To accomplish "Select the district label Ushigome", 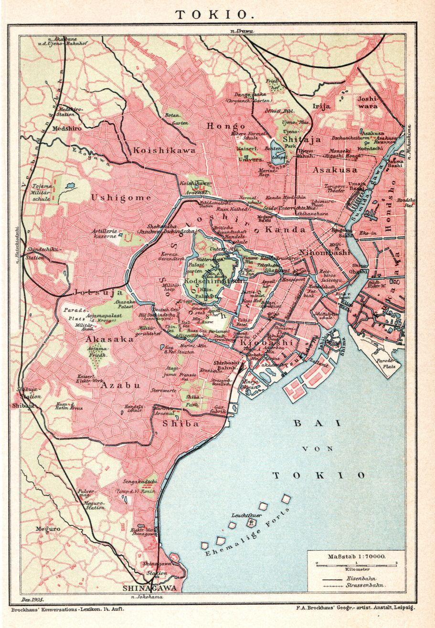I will point(121,197).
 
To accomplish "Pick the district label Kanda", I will point(285,230).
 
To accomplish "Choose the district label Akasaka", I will point(110,339).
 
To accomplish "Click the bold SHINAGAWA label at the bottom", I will point(150,588).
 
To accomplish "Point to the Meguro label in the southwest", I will point(48,529).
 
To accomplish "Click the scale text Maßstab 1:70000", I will point(357,556).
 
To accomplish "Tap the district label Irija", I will point(321,106).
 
